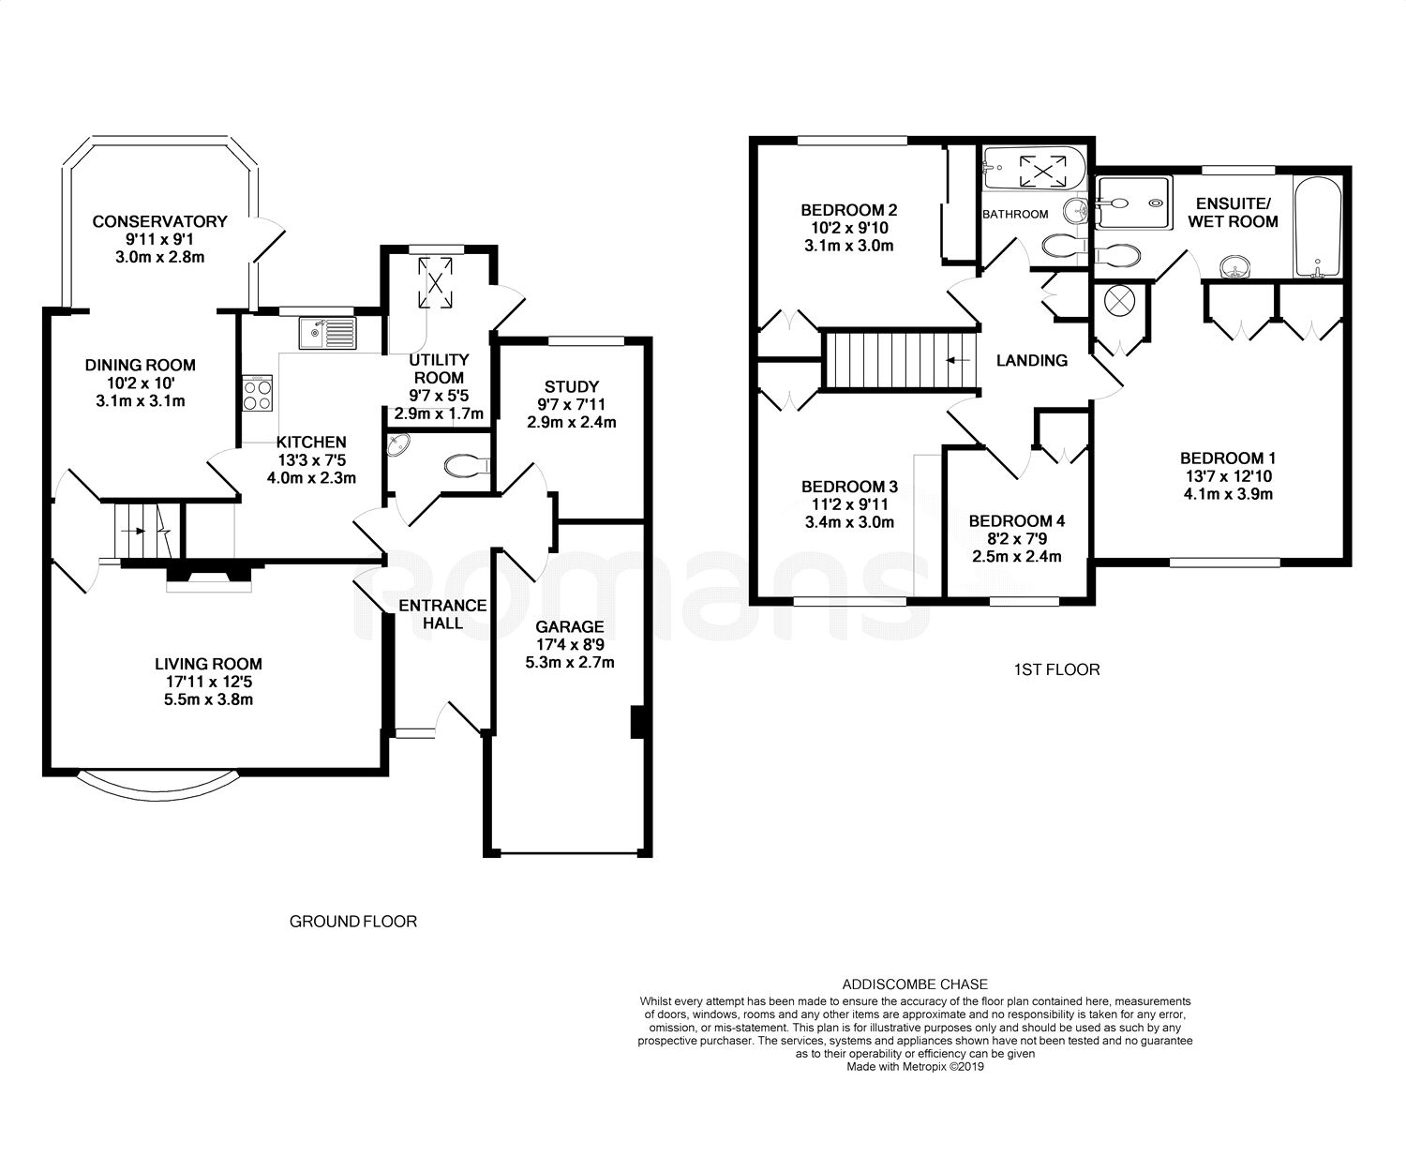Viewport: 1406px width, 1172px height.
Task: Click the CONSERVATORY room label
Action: pos(159,221)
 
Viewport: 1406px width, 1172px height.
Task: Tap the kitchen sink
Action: pos(329,334)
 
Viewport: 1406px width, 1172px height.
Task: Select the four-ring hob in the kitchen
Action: pos(258,394)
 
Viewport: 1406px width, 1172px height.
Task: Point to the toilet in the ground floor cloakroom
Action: pos(466,465)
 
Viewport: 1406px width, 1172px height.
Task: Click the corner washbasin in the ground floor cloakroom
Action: pos(398,445)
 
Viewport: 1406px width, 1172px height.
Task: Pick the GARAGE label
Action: pos(570,626)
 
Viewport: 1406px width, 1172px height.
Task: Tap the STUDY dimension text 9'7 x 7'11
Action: pos(571,404)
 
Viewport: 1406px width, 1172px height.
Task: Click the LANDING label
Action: pos(1032,360)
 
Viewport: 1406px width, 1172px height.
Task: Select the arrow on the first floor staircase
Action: pos(958,360)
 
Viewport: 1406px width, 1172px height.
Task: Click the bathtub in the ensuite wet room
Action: pos(1318,227)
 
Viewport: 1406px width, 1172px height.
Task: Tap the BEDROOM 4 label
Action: pos(1017,520)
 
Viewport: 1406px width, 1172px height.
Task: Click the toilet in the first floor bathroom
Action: pos(1062,246)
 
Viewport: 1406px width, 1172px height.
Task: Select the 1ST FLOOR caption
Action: pos(1056,669)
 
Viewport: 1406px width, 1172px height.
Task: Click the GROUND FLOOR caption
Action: pos(352,922)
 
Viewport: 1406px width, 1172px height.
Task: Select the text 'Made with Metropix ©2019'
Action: pos(915,1067)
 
